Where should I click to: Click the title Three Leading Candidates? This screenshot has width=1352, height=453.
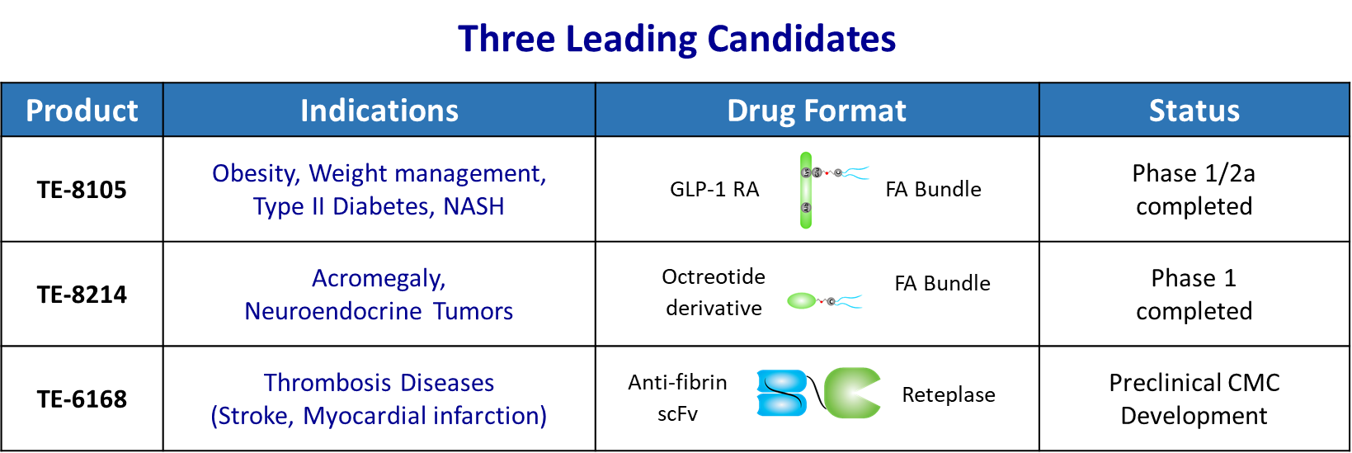pyautogui.click(x=676, y=40)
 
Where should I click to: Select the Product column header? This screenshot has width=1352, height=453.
pyautogui.click(x=82, y=111)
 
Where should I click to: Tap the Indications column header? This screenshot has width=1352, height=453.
pyautogui.click(x=379, y=111)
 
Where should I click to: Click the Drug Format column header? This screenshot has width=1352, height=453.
pyautogui.click(x=817, y=111)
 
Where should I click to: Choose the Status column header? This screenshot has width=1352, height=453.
pyautogui.click(x=1194, y=111)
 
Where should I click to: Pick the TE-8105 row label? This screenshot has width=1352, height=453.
pyautogui.click(x=82, y=190)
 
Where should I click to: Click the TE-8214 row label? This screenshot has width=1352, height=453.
pyautogui.click(x=82, y=295)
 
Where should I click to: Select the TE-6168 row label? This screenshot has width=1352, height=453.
pyautogui.click(x=82, y=399)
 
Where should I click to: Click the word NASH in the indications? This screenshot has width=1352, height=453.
pyautogui.click(x=473, y=206)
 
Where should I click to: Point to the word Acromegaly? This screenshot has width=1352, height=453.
pyautogui.click(x=379, y=278)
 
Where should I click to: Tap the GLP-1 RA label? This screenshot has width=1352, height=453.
pyautogui.click(x=714, y=190)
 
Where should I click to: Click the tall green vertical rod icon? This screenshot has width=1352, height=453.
pyautogui.click(x=806, y=191)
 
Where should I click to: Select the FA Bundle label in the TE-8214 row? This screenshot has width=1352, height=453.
pyautogui.click(x=942, y=283)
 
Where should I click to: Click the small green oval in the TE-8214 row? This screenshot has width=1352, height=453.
pyautogui.click(x=802, y=300)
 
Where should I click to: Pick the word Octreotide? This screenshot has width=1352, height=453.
pyautogui.click(x=714, y=276)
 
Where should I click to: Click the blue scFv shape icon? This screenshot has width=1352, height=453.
pyautogui.click(x=782, y=394)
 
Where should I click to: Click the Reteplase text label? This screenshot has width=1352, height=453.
pyautogui.click(x=948, y=395)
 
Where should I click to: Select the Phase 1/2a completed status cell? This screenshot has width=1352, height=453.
pyautogui.click(x=1194, y=190)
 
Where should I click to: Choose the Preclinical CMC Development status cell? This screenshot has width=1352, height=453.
pyautogui.click(x=1194, y=399)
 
